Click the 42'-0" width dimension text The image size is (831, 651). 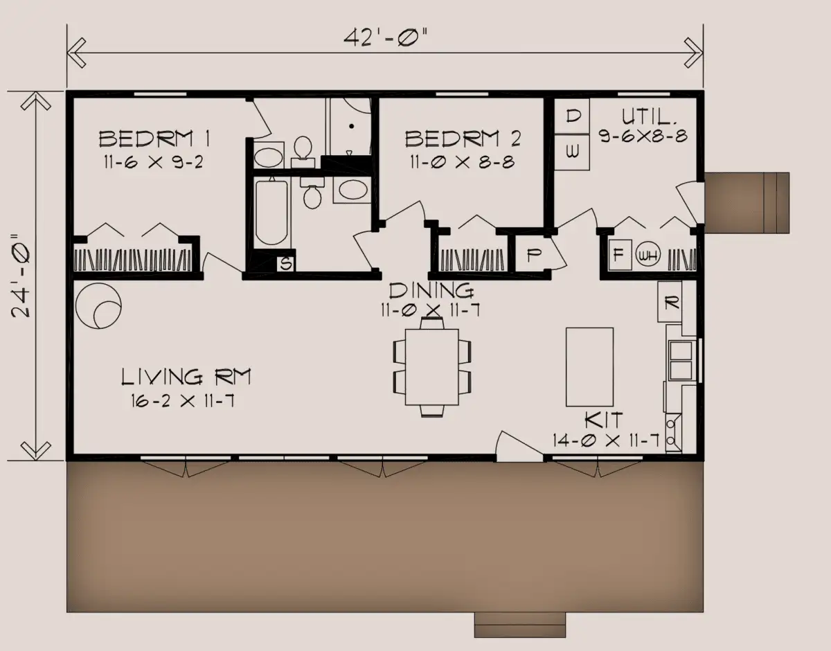pyautogui.click(x=384, y=37)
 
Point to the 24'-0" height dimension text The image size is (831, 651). pyautogui.click(x=20, y=276)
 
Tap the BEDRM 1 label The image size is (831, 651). pyautogui.click(x=154, y=139)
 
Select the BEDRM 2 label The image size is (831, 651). pyautogui.click(x=463, y=139)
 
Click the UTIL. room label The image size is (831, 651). pyautogui.click(x=649, y=116)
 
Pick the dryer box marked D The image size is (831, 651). pyautogui.click(x=572, y=116)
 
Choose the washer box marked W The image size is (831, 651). pyautogui.click(x=572, y=152)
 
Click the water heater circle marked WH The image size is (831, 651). pyautogui.click(x=647, y=255)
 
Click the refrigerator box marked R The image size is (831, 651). pyautogui.click(x=670, y=302)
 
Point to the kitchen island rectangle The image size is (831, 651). pyautogui.click(x=590, y=367)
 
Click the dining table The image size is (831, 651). pyautogui.click(x=431, y=366)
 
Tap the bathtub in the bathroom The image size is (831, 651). pyautogui.click(x=271, y=213)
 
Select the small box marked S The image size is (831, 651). pyautogui.click(x=286, y=264)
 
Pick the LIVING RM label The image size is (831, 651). pyautogui.click(x=186, y=377)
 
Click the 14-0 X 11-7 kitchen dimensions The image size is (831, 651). pyautogui.click(x=606, y=441)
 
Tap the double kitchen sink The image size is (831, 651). pyautogui.click(x=681, y=360)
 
